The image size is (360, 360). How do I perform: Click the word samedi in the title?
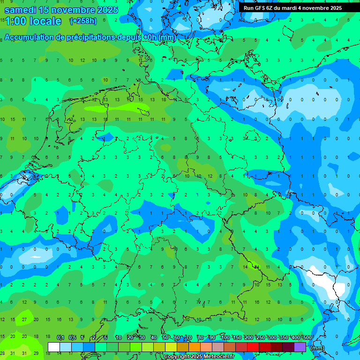click(21, 10)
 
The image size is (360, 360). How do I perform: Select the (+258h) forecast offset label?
click(83, 21)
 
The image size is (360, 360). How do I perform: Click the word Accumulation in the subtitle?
click(29, 37)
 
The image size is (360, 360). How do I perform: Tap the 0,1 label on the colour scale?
click(60, 338)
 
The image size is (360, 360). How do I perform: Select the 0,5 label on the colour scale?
click(72, 338)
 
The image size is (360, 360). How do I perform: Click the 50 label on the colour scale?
click(165, 338)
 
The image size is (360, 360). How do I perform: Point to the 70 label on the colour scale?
click(189, 338)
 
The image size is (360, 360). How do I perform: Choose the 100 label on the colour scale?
click(225, 338)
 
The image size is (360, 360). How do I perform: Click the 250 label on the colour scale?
click(260, 338)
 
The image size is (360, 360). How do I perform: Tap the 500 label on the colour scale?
click(307, 338)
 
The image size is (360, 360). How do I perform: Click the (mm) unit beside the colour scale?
click(317, 348)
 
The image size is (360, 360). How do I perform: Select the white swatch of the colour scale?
click(54, 347)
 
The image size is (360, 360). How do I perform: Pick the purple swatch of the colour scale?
click(300, 347)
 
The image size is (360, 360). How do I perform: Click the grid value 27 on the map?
click(24, 320)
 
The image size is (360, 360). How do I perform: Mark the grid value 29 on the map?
click(36, 353)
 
